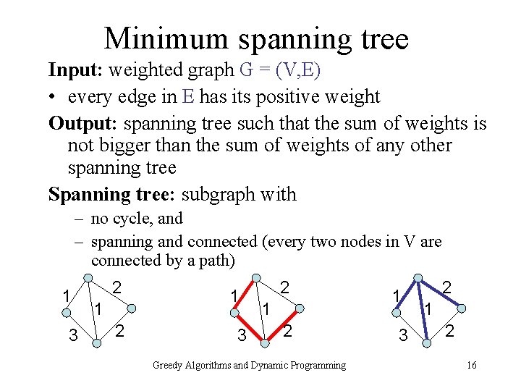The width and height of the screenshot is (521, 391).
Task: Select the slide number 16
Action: pyautogui.click(x=471, y=365)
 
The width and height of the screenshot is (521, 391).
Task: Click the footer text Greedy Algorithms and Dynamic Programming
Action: pyautogui.click(x=249, y=365)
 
